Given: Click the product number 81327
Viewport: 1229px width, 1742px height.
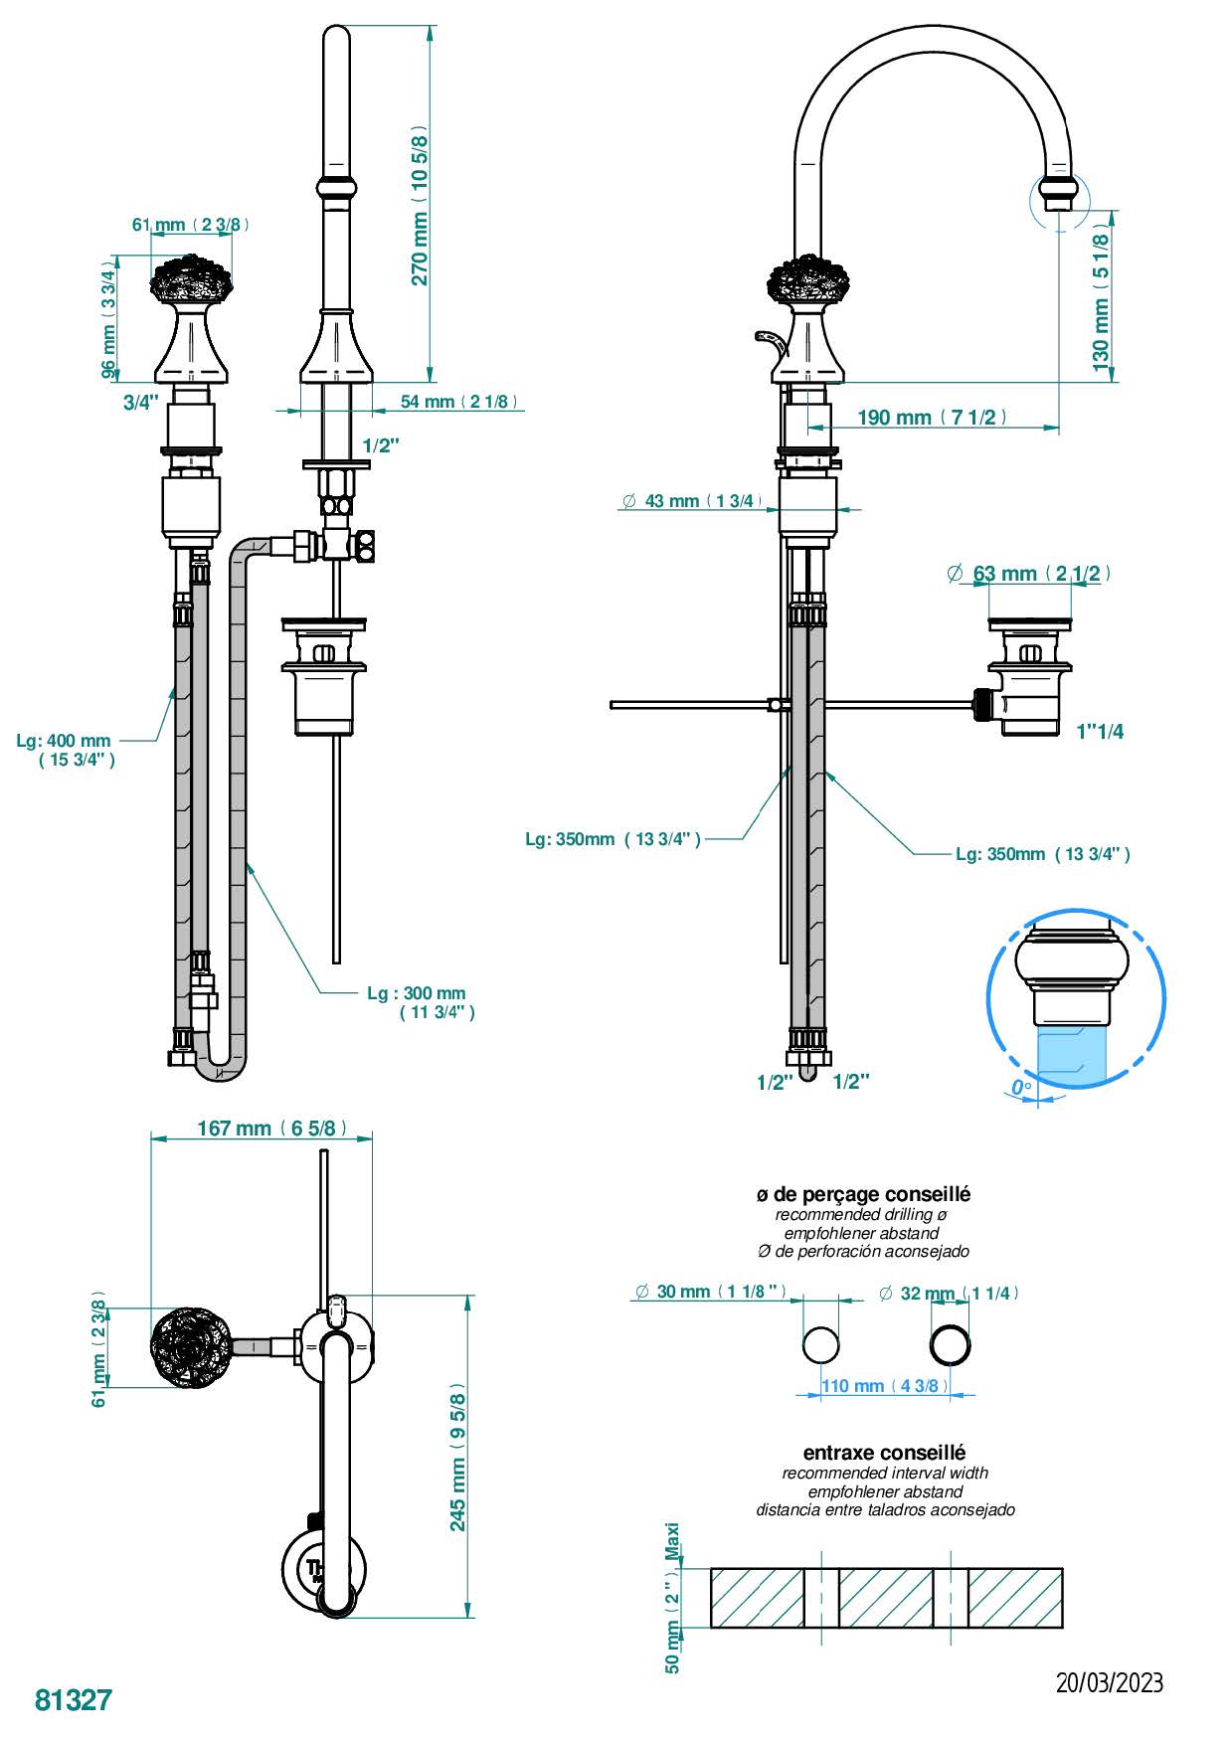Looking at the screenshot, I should coord(74,1699).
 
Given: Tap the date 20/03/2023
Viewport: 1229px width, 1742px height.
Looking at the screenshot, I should coord(1109,1682).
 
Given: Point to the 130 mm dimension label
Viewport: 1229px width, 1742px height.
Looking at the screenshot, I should coord(1101,297).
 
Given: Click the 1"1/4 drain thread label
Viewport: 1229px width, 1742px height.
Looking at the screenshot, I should coord(1101,732).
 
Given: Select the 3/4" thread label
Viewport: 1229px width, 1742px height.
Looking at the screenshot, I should coord(141,402).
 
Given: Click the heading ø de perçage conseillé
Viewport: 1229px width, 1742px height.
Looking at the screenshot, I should coord(863,1194).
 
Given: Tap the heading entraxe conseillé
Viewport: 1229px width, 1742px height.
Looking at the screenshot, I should coord(884,1453).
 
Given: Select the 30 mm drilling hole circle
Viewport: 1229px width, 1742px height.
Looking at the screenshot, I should coord(821,1344).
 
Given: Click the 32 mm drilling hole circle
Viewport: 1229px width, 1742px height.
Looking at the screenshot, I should coord(950,1344).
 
